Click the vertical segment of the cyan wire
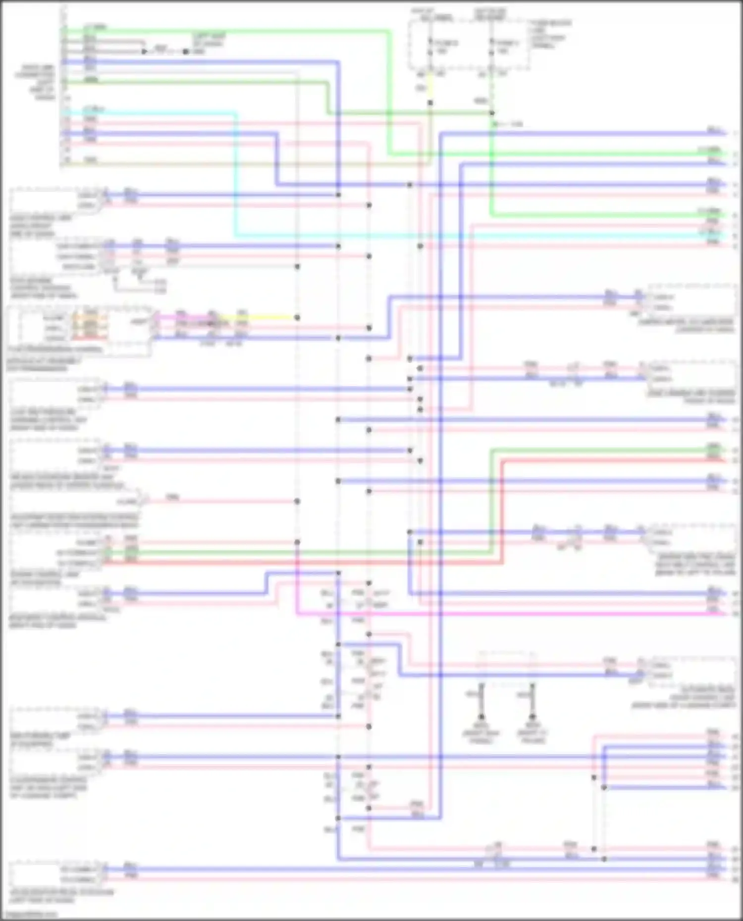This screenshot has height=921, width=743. click(235, 173)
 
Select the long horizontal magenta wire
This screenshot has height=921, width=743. click(495, 614)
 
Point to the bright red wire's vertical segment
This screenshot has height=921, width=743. click(502, 510)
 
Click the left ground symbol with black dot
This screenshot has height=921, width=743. click(481, 716)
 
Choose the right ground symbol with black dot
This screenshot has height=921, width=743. click(532, 716)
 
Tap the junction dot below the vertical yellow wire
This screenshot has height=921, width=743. click(430, 102)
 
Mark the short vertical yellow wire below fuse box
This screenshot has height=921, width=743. click(430, 89)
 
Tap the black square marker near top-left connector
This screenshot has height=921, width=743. click(186, 51)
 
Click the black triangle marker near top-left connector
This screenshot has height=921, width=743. click(144, 51)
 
